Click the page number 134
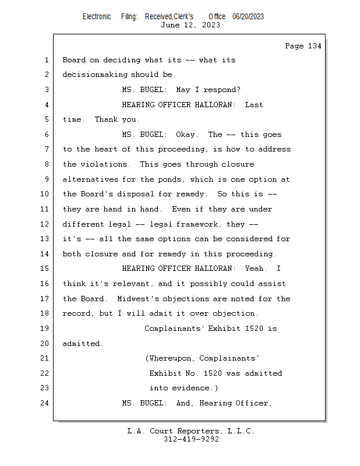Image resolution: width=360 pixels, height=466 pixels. pyautogui.click(x=315, y=46)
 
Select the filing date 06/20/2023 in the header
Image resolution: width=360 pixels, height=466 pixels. pyautogui.click(x=248, y=17)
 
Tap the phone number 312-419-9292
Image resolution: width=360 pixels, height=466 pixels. pyautogui.click(x=191, y=439)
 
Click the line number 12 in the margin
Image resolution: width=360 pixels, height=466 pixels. pyautogui.click(x=45, y=224)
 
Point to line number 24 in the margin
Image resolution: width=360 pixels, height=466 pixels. pyautogui.click(x=45, y=403)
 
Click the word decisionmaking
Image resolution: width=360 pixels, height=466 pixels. pyautogui.click(x=95, y=75)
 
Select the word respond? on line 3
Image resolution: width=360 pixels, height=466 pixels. pyautogui.click(x=222, y=90)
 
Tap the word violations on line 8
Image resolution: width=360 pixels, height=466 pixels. pyautogui.click(x=104, y=164)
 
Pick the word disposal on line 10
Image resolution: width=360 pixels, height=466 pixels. pyautogui.click(x=136, y=194)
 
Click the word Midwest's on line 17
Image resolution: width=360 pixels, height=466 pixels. pyautogui.click(x=138, y=299)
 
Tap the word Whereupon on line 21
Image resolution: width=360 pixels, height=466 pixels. pyautogui.click(x=170, y=358)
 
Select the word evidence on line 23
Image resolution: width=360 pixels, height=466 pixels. pyautogui.click(x=190, y=388)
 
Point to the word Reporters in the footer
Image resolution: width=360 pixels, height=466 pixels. pyautogui.click(x=198, y=431)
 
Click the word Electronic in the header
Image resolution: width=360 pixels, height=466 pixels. pyautogui.click(x=97, y=17)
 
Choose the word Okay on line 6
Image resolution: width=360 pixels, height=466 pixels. pyautogui.click(x=185, y=135)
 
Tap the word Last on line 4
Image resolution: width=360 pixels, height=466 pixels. pyautogui.click(x=254, y=105)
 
